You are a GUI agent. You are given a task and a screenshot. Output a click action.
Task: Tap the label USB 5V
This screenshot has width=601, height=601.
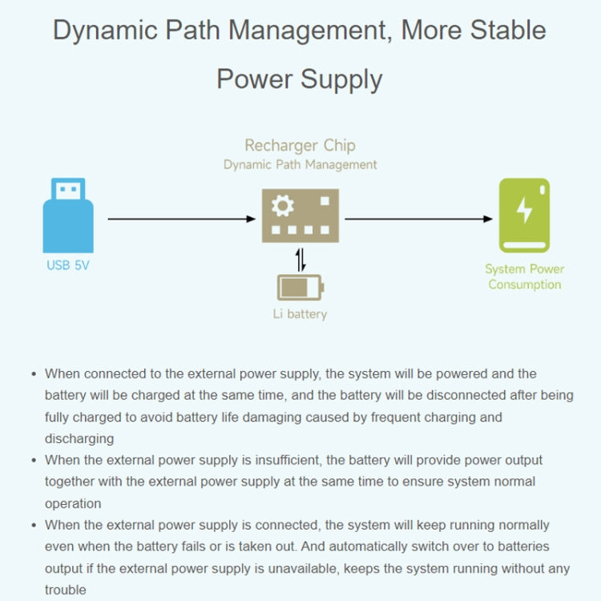[68, 265]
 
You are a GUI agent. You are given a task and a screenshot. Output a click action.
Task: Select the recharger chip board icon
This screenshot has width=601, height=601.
[300, 216]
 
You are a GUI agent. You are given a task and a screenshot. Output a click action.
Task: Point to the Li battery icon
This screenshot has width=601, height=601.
[300, 287]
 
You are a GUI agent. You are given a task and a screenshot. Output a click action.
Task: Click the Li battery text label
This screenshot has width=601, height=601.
[300, 314]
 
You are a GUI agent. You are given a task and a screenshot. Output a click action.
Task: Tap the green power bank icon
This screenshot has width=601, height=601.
[524, 215]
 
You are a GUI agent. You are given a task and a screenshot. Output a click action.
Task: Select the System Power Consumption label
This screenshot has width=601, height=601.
[524, 276]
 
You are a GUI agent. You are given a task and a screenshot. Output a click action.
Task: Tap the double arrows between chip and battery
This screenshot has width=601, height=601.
[300, 260]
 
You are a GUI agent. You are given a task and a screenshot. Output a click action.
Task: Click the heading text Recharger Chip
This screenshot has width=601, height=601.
[300, 145]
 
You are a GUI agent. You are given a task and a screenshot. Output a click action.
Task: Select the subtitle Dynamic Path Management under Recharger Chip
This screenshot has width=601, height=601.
[300, 164]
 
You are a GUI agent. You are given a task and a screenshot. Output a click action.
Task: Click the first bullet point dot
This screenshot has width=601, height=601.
[34, 374]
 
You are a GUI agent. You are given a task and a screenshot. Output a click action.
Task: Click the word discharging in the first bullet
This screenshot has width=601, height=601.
[79, 438]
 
